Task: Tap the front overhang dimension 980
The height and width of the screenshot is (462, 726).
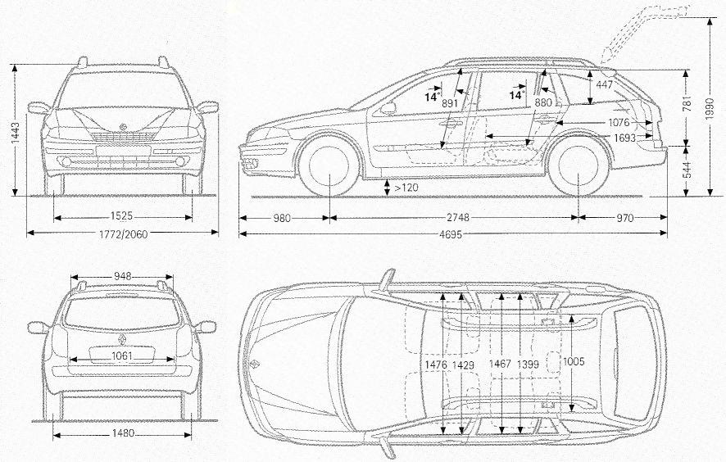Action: point(283,219)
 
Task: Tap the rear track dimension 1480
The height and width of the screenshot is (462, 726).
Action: point(121,433)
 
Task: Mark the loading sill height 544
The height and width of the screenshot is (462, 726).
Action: point(687,170)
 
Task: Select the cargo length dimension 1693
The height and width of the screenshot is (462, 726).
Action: point(625,138)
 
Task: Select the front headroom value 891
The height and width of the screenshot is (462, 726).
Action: point(449,103)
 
